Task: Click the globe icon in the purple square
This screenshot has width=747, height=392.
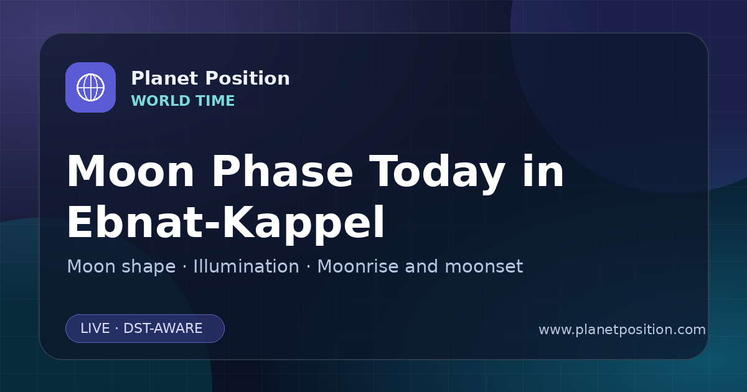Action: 90,87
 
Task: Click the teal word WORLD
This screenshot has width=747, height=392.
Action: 160,101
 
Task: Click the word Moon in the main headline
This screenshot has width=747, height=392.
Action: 130,171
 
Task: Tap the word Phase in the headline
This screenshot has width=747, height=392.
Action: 282,171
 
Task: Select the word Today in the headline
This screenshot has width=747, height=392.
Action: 437,174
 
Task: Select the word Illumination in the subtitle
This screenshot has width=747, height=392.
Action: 247,266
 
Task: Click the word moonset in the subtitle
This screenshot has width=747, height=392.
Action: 484,266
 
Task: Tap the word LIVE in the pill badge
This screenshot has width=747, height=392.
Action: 95,329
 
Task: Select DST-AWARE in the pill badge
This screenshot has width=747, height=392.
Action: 163,329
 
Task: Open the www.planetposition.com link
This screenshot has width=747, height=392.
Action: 622,330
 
